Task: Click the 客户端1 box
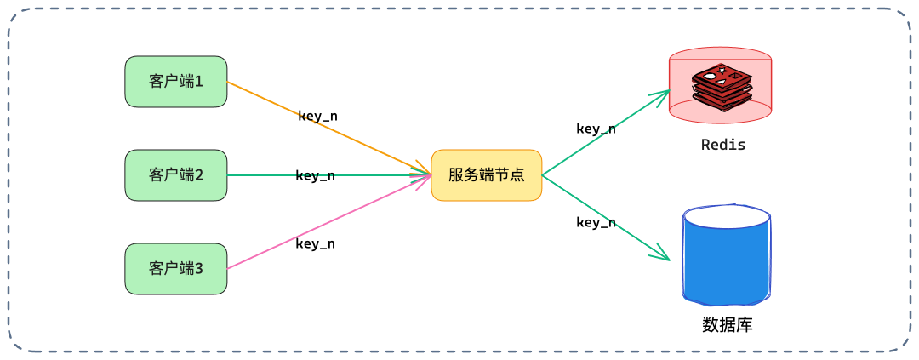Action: pyautogui.click(x=176, y=82)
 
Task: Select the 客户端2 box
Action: pyautogui.click(x=176, y=175)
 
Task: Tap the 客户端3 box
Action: pyautogui.click(x=176, y=269)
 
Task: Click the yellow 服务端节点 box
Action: pyautogui.click(x=486, y=175)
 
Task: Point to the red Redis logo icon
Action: pyautogui.click(x=721, y=86)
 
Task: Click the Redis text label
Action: pyautogui.click(x=723, y=145)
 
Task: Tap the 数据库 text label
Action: pyautogui.click(x=727, y=324)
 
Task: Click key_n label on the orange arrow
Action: pyautogui.click(x=323, y=116)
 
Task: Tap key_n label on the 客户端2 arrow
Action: pyautogui.click(x=315, y=175)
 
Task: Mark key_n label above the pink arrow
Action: pyautogui.click(x=315, y=243)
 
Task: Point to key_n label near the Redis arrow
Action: pyautogui.click(x=596, y=129)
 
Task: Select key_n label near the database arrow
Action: pyautogui.click(x=596, y=222)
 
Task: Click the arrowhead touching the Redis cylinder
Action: pyautogui.click(x=662, y=95)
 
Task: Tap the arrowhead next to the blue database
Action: pyautogui.click(x=664, y=254)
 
